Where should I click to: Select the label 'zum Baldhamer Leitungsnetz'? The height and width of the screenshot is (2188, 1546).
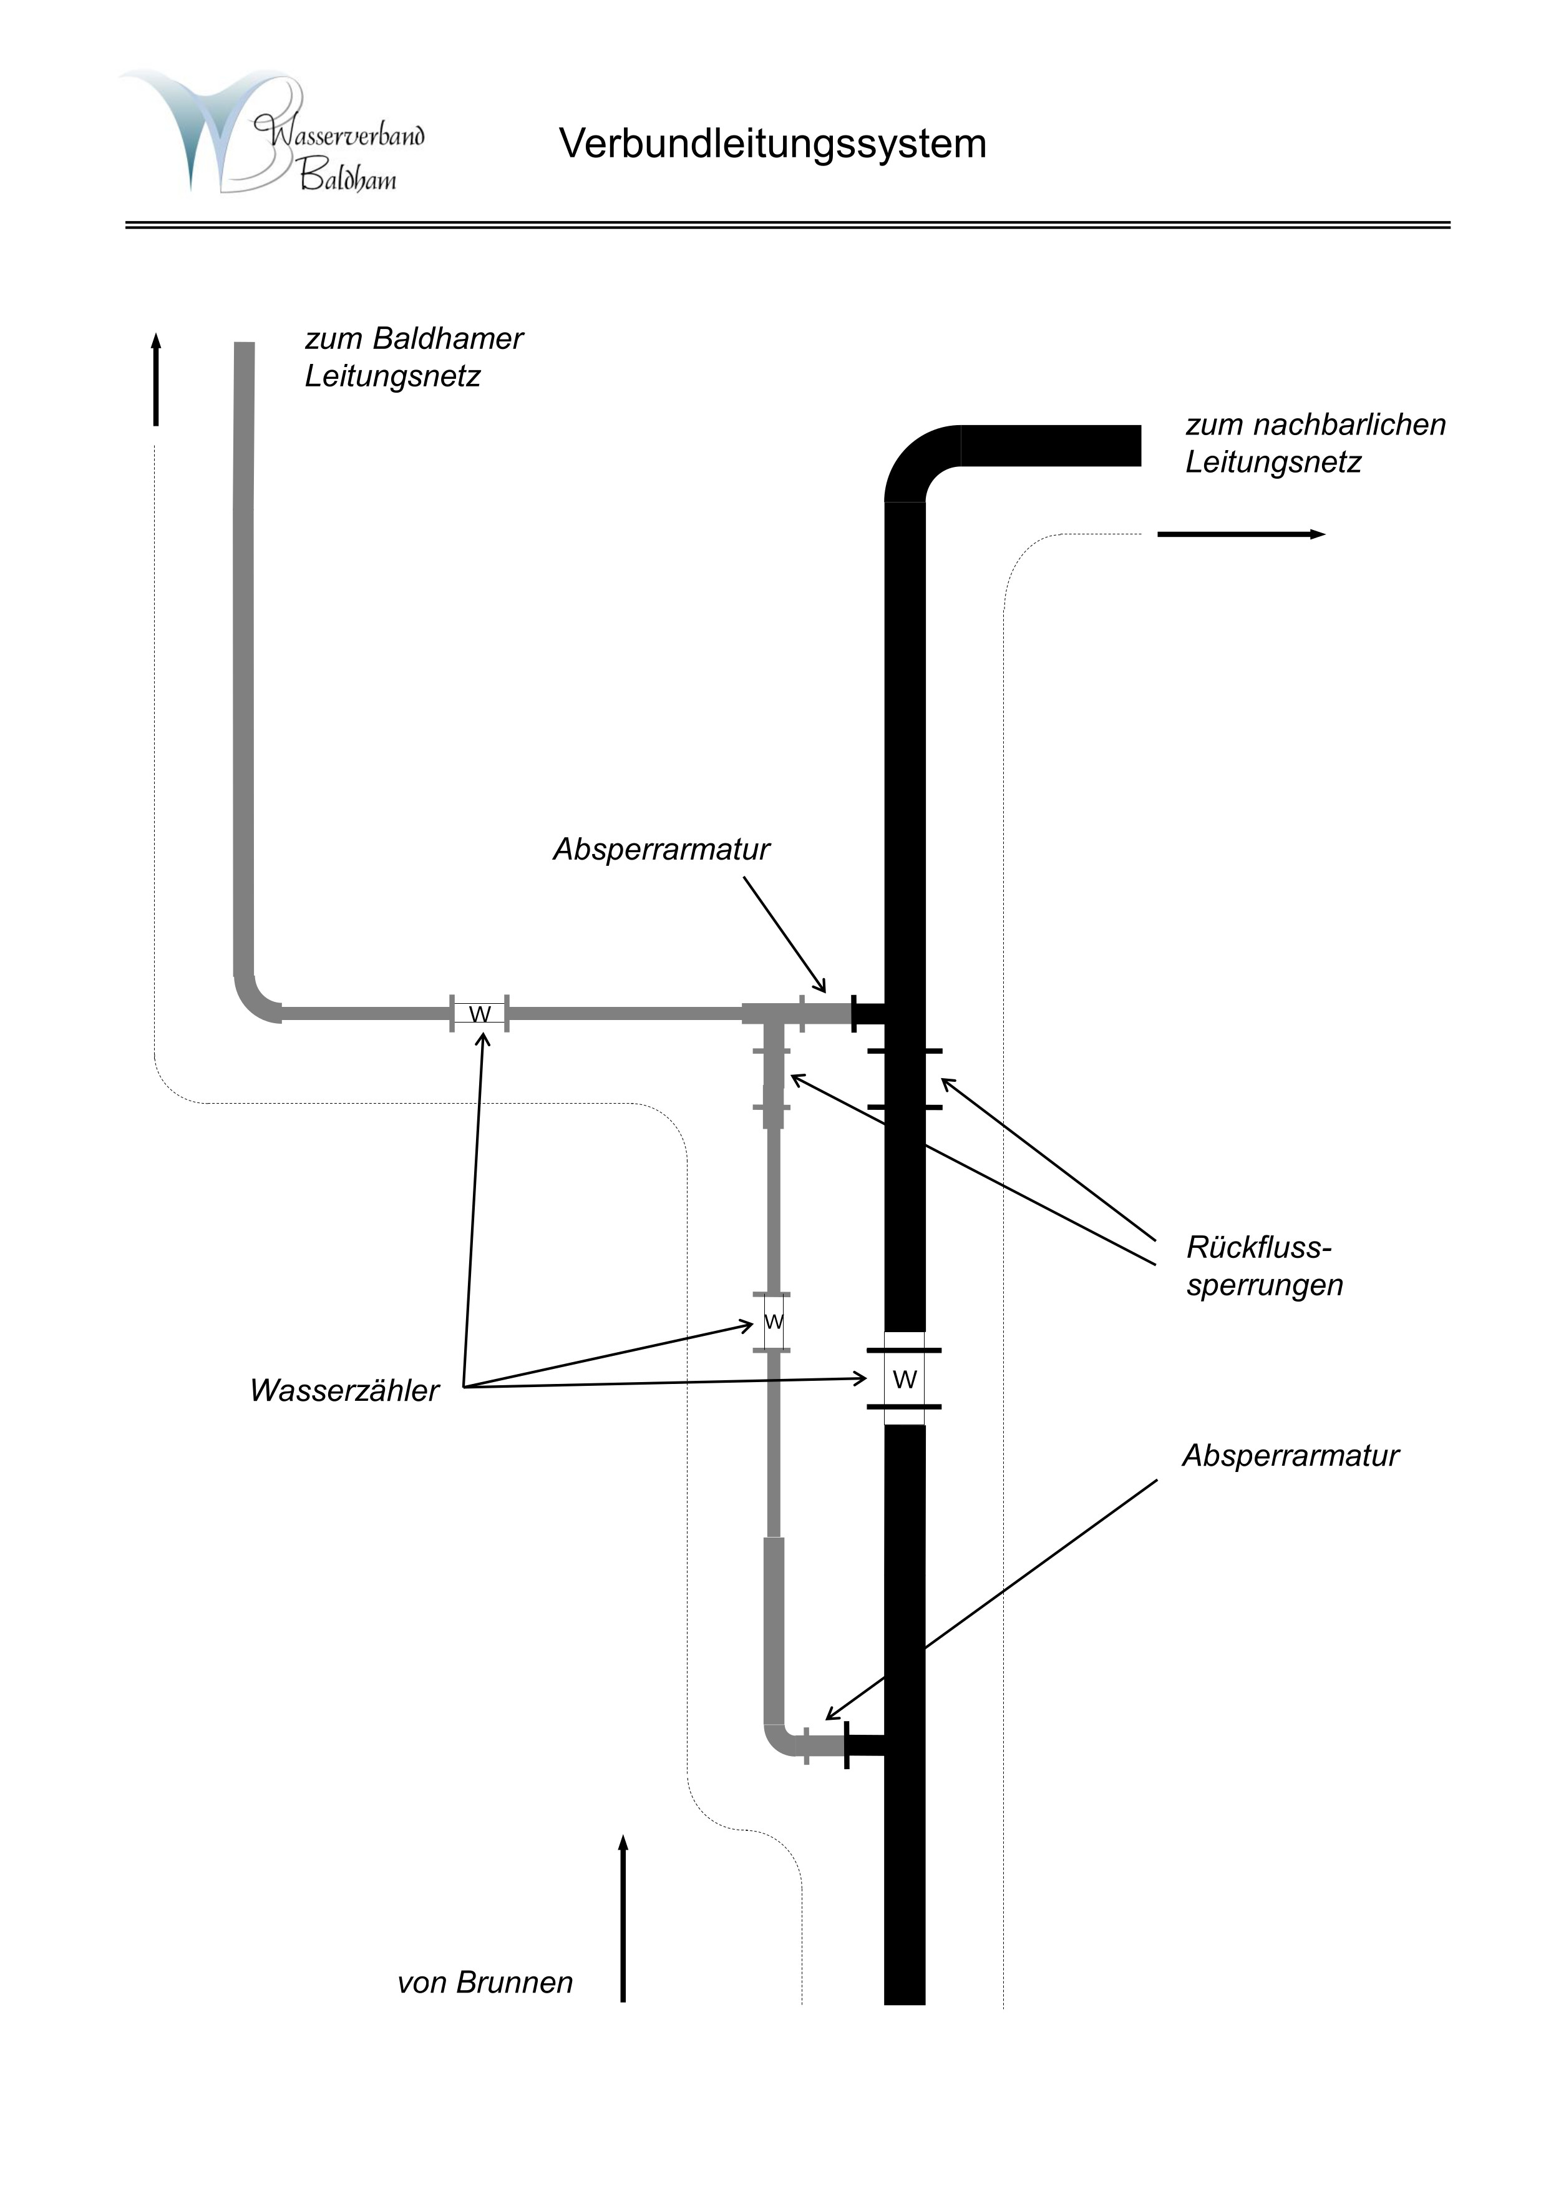coord(414,357)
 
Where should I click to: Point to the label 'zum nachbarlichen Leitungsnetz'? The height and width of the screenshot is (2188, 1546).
coord(1315,443)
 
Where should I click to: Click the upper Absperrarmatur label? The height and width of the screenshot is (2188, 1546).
coord(661,849)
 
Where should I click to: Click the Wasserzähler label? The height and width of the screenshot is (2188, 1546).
coord(344,1390)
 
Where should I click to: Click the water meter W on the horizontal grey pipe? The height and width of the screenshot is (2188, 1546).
coord(479,1014)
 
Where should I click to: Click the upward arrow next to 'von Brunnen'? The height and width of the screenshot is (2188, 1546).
coord(623,1915)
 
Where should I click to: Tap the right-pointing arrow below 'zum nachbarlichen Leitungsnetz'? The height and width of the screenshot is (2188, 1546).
coord(1240,534)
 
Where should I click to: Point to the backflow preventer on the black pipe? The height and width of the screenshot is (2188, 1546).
coord(905,1079)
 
